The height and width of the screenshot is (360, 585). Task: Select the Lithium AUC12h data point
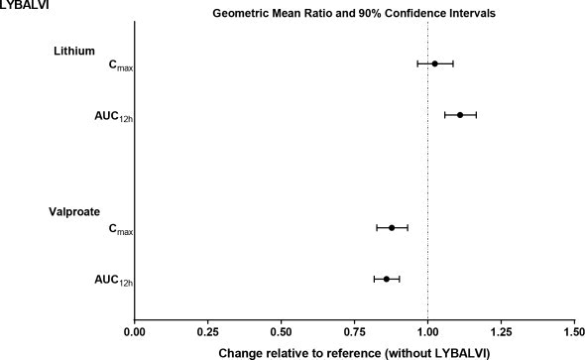[x=460, y=115]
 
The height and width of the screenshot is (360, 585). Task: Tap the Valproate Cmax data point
[x=392, y=227]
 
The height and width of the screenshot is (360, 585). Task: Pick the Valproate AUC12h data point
[x=387, y=279]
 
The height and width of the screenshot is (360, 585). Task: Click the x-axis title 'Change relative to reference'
[x=354, y=352]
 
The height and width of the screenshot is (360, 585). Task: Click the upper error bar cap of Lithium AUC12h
[x=476, y=115]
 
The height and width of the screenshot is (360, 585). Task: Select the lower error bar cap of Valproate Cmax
[x=377, y=227]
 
